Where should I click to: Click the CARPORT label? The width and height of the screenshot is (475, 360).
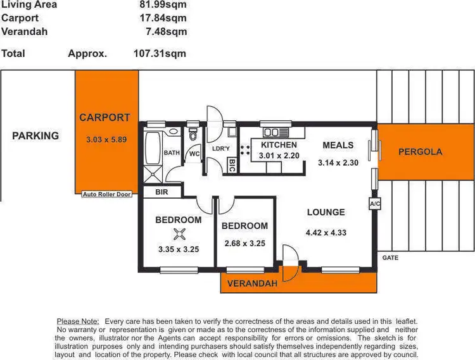click(104, 118)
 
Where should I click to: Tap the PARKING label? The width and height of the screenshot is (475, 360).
click(35, 135)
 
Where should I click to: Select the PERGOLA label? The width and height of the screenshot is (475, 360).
click(420, 152)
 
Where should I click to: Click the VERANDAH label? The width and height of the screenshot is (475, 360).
click(252, 283)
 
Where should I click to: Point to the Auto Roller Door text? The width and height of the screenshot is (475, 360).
click(106, 194)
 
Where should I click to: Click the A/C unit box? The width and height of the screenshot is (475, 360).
click(374, 204)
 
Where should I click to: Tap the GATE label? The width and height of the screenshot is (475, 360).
click(390, 258)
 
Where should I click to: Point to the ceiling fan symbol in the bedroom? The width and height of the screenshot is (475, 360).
click(179, 235)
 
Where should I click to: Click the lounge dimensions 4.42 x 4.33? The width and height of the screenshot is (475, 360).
click(326, 232)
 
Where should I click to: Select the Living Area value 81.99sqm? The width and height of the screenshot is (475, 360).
click(163, 4)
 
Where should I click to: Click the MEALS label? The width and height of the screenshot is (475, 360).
click(338, 146)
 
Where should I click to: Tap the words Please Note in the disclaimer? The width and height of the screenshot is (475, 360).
click(79, 321)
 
